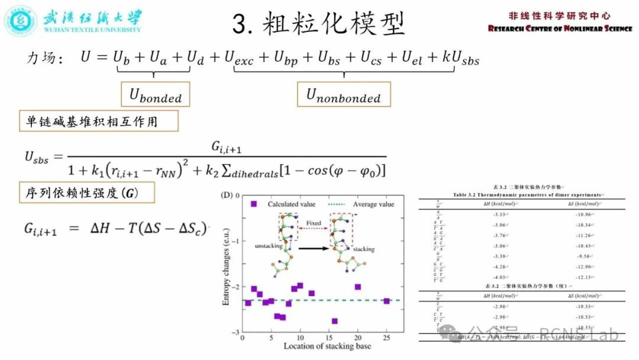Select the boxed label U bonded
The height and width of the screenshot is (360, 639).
[156, 95]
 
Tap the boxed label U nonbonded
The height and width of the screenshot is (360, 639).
[343, 95]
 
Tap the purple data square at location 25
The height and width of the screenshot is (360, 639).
[386, 301]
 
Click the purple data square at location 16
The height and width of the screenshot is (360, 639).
[335, 321]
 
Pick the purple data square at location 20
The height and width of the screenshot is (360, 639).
[357, 287]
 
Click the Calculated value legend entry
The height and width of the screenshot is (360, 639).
[282, 204]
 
